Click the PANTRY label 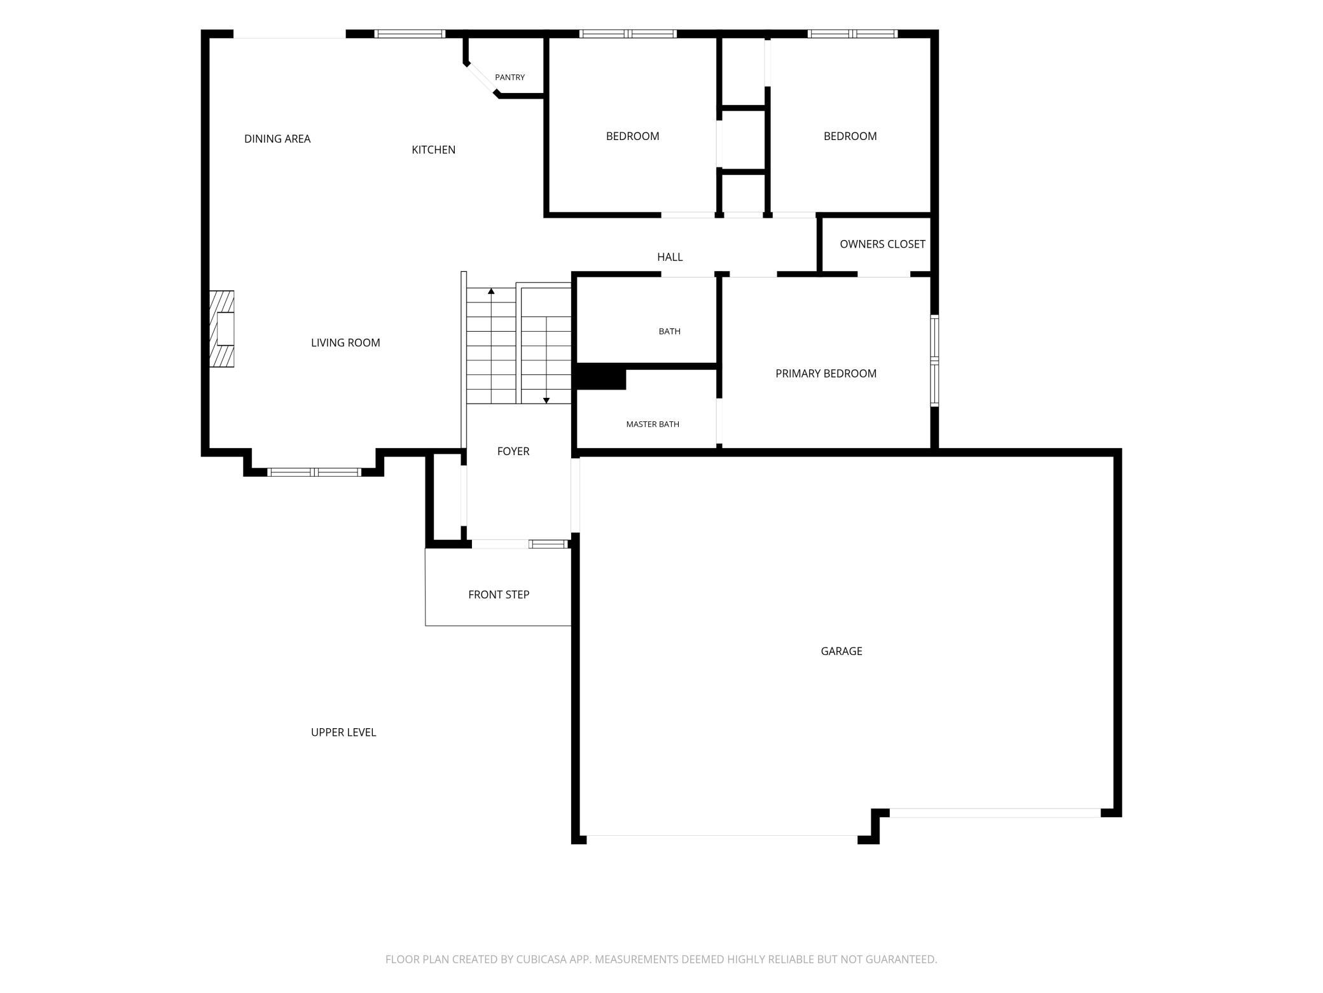(x=509, y=77)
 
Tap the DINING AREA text (x=277, y=139)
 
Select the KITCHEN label (x=433, y=150)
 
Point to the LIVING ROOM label (x=345, y=342)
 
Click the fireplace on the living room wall (x=222, y=328)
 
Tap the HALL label (x=670, y=257)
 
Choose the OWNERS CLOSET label (x=882, y=244)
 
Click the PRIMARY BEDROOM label (x=826, y=374)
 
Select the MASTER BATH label (x=653, y=424)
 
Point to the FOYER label (x=513, y=451)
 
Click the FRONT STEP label (x=499, y=595)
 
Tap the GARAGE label (x=842, y=651)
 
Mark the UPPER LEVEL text (x=343, y=732)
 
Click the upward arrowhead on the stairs (x=491, y=292)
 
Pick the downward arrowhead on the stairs (x=546, y=400)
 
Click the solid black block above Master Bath (x=601, y=377)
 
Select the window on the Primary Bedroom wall (x=934, y=360)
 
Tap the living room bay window (x=314, y=472)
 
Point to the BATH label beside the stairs (x=669, y=331)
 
